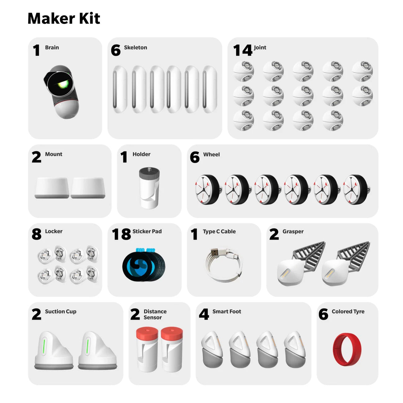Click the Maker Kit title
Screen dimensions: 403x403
tap(64, 18)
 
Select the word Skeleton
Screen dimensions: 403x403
tap(135, 47)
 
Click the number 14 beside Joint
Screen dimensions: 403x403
tap(243, 50)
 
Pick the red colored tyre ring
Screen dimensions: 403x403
tap(347, 349)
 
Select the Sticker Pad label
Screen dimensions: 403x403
tap(147, 231)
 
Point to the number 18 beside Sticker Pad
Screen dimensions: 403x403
tap(121, 234)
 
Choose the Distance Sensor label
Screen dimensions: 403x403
tap(155, 314)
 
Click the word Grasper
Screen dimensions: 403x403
tap(293, 231)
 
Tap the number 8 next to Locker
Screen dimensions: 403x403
tap(36, 234)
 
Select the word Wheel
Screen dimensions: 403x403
tap(211, 154)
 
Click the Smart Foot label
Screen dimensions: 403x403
tap(227, 312)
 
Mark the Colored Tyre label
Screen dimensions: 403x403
tap(348, 312)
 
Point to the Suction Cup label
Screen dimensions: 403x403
tap(60, 312)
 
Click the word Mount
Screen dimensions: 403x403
tap(54, 154)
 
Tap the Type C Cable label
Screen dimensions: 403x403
tap(219, 231)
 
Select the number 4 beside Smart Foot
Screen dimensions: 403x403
tap(204, 314)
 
